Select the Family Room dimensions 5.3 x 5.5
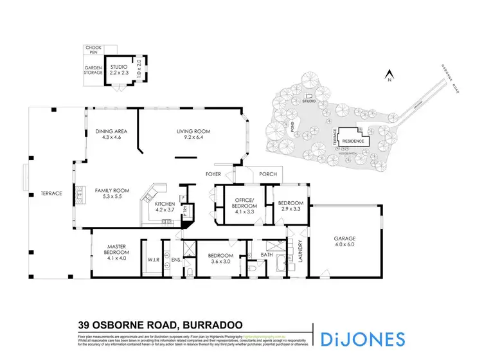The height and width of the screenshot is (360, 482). tap(112, 197)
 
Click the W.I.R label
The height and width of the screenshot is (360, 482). tap(153, 260)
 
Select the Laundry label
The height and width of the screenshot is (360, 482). tap(300, 251)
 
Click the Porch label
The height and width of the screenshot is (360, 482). tap(267, 174)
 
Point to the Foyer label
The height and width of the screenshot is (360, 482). tap(213, 174)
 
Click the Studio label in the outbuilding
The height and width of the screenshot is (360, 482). tap(119, 67)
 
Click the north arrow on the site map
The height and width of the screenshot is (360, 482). tap(388, 78)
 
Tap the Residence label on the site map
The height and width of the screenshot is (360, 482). tap(353, 141)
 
